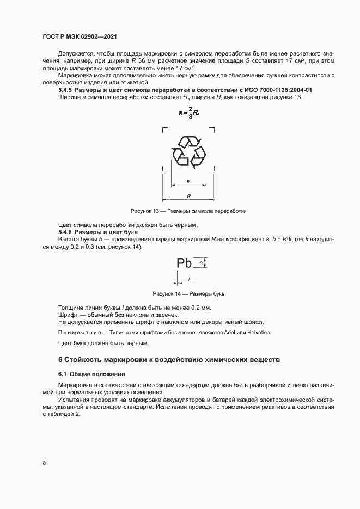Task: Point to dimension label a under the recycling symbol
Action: [188, 180]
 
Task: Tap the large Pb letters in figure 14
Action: [185, 263]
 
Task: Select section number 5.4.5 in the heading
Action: [65, 89]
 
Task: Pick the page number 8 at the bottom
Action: [44, 463]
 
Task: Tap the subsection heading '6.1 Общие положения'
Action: [91, 375]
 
